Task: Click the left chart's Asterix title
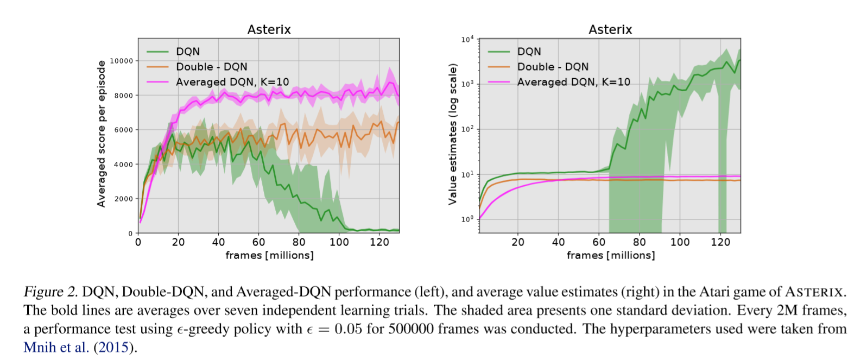[x=269, y=29]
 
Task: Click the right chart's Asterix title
[x=610, y=29]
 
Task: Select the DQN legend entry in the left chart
[x=188, y=52]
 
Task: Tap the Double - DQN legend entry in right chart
[x=553, y=67]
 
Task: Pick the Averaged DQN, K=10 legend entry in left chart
[x=232, y=82]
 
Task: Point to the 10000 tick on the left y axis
[x=122, y=61]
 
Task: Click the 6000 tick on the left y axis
[x=123, y=130]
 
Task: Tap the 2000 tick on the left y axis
[x=123, y=199]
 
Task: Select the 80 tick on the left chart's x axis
[x=299, y=242]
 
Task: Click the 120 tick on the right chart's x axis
[x=720, y=242]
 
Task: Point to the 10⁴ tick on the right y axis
[x=467, y=40]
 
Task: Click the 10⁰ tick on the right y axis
[x=467, y=219]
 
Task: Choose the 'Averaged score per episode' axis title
[x=101, y=134]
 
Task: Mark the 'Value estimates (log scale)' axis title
[x=452, y=134]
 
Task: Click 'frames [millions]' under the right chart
[x=611, y=255]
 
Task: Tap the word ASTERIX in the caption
[x=814, y=292]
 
